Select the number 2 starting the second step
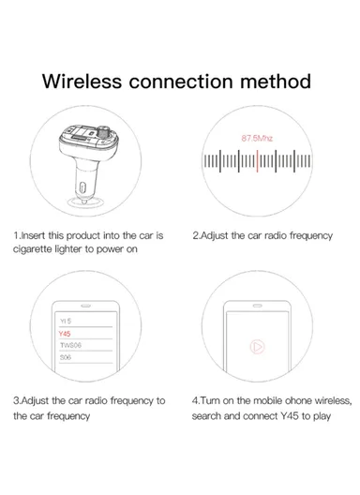point(196,236)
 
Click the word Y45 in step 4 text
point(291,415)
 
